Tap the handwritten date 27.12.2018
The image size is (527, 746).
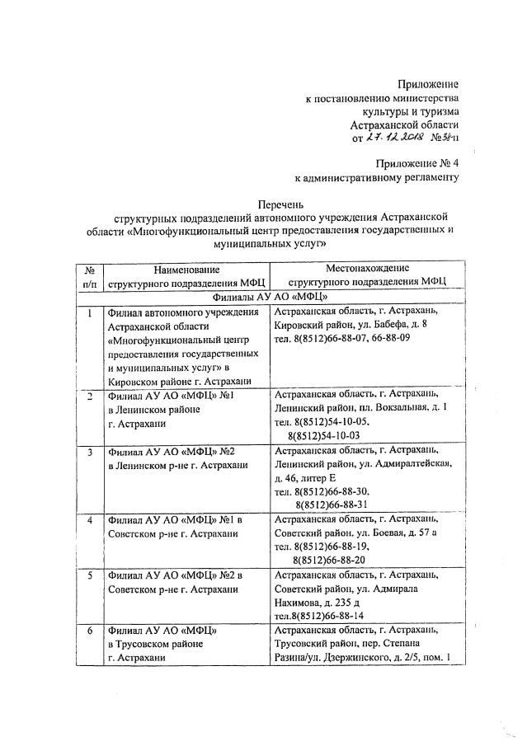(388, 138)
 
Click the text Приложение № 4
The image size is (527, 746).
(417, 162)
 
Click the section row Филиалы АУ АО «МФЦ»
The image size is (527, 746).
(271, 297)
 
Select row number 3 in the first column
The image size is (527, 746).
(89, 453)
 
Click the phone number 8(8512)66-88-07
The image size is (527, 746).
(328, 338)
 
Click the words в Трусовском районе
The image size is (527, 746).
(162, 645)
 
